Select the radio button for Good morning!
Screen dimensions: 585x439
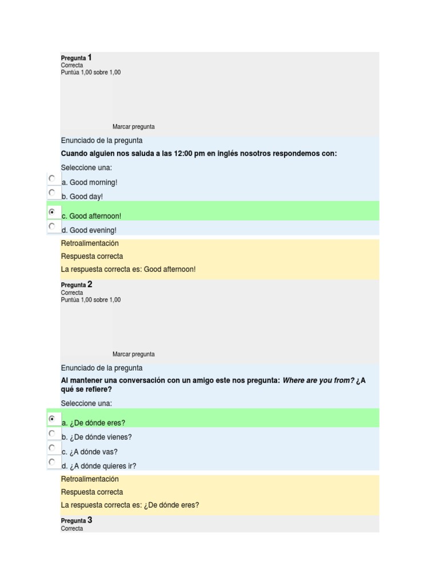point(52,178)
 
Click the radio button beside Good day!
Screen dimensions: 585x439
point(52,193)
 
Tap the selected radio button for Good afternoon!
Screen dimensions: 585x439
point(52,212)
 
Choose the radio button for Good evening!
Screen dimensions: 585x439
point(52,226)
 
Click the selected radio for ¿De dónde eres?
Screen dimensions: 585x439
point(52,419)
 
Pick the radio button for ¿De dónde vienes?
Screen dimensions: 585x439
point(52,433)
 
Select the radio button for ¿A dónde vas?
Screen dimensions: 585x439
point(52,447)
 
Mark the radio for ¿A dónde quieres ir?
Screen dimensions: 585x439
point(52,462)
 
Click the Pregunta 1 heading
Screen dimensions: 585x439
point(76,58)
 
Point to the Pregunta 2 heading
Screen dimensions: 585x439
point(76,285)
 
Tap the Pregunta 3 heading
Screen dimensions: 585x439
point(76,520)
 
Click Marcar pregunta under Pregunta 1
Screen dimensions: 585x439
point(133,127)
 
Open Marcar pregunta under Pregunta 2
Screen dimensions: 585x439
point(133,354)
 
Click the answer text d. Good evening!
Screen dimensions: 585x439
point(89,230)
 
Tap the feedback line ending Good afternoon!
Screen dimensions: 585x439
point(128,269)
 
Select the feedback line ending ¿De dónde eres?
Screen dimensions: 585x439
point(130,505)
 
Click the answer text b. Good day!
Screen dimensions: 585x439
point(82,197)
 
